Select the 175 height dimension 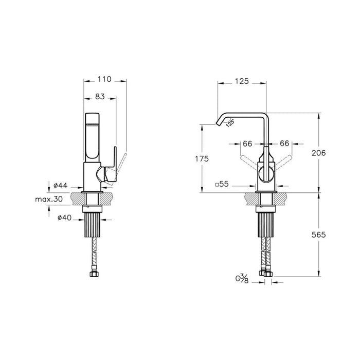point(202,159)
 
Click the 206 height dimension point(320,153)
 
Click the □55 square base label point(222,184)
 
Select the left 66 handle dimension point(247,144)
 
